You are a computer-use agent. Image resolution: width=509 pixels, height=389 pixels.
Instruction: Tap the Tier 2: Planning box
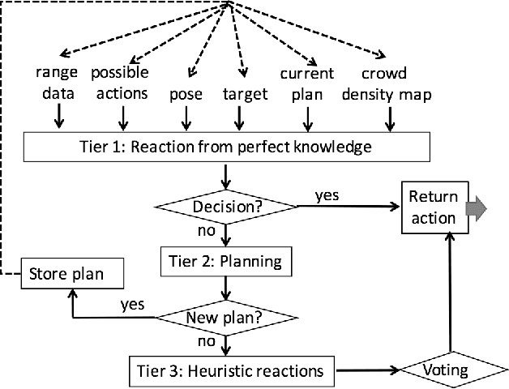[x=222, y=262]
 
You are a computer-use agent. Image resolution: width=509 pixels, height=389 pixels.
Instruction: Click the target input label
[x=244, y=94]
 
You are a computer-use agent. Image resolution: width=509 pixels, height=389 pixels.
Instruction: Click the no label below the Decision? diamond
[x=208, y=231]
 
